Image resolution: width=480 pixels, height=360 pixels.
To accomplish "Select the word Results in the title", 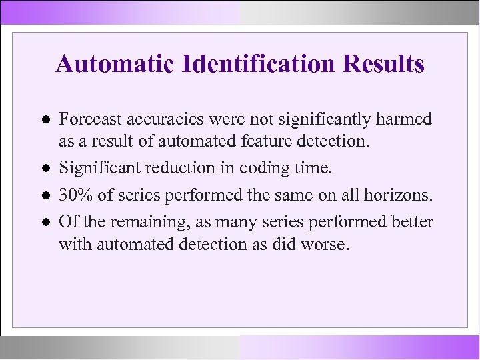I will pyautogui.click(x=383, y=65).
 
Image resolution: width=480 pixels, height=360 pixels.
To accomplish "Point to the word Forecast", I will pyautogui.click(x=85, y=119).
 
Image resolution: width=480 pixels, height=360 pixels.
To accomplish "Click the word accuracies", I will pyautogui.click(x=151, y=120).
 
